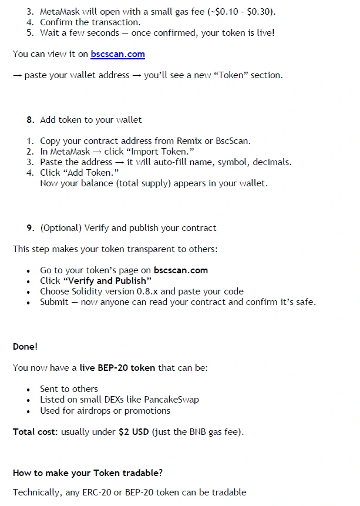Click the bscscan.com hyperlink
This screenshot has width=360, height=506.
tap(117, 54)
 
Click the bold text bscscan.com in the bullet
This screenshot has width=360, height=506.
tap(181, 270)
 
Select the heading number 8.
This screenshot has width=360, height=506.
tap(31, 120)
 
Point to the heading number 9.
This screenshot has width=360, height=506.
tap(31, 228)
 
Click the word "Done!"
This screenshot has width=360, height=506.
tap(25, 347)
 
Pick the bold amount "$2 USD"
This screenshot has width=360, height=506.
tap(134, 432)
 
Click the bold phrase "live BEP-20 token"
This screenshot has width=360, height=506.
tap(117, 368)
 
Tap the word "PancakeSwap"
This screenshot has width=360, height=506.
tap(173, 400)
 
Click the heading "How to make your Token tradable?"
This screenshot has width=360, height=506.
tap(88, 473)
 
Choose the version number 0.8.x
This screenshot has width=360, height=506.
tap(146, 291)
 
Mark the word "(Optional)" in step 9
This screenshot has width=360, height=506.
tap(61, 228)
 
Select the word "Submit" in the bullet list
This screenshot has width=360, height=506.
tap(55, 302)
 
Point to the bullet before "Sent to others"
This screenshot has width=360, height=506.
tap(28, 390)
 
